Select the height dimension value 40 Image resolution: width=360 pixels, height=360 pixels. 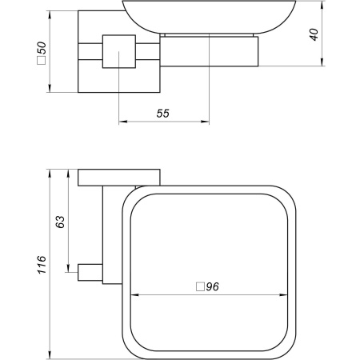314,34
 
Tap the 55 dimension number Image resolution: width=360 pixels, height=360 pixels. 162,114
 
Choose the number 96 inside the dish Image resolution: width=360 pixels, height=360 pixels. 212,286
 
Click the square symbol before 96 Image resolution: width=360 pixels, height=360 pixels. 199,286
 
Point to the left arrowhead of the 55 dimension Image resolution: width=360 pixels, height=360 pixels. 122,123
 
